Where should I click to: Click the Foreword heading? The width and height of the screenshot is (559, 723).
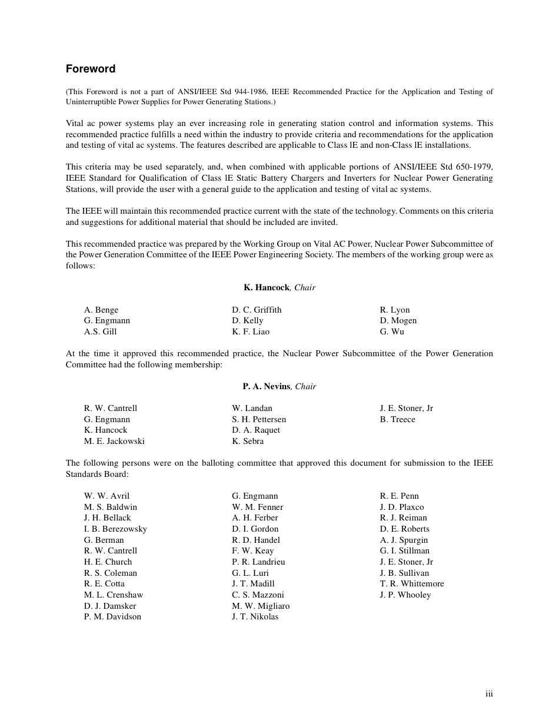[91, 69]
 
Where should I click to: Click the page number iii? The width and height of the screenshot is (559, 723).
[489, 694]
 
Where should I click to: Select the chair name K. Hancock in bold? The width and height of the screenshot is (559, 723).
[267, 287]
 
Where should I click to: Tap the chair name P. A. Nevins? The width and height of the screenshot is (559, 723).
[266, 386]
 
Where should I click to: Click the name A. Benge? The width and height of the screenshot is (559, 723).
[101, 310]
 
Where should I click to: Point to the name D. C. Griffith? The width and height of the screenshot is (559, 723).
[257, 310]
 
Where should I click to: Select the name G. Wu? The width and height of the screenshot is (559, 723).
[392, 331]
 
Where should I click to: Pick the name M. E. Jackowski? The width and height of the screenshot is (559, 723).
[114, 441]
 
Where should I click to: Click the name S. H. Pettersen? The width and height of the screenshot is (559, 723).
[259, 419]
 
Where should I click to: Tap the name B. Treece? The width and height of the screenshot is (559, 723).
[398, 419]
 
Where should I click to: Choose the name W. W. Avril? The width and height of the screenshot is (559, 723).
[107, 496]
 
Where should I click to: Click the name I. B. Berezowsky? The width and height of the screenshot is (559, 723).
[115, 529]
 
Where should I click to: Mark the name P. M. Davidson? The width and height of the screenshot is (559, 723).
[112, 616]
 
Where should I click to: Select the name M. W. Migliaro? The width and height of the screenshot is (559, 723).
[261, 606]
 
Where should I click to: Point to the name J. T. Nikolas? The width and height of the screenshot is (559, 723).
[255, 616]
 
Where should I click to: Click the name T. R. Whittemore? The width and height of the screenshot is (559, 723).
[412, 583]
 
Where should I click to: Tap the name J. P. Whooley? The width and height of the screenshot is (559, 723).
[405, 595]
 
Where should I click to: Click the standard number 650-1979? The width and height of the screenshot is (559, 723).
[474, 167]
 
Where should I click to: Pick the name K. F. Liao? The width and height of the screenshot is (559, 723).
[251, 331]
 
